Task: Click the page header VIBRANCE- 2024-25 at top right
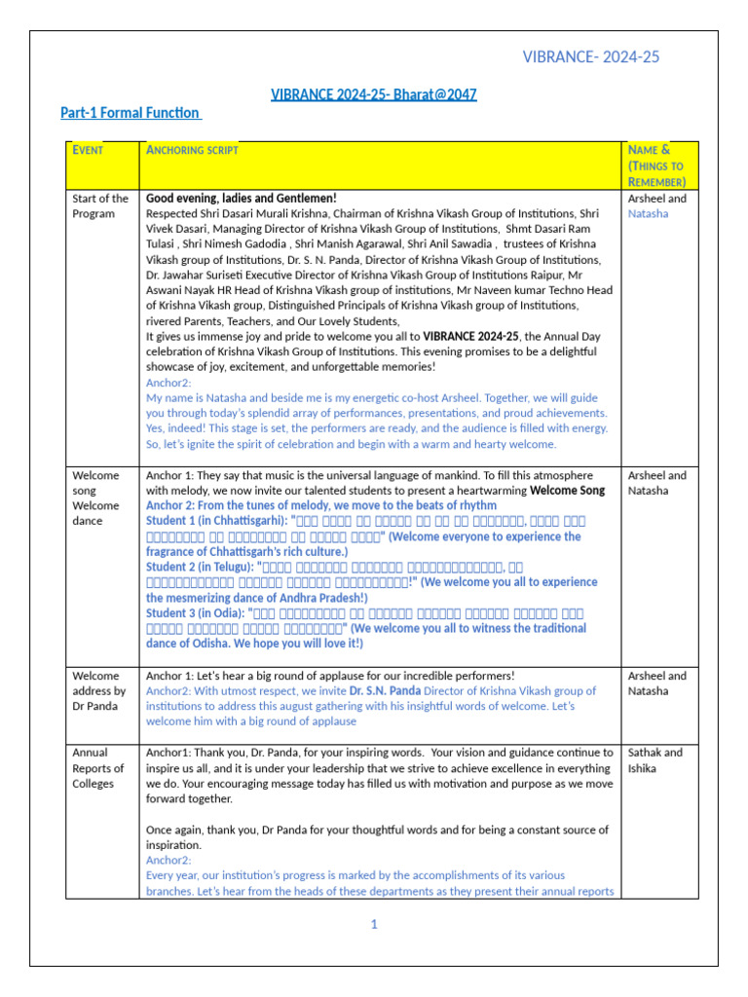click(x=591, y=57)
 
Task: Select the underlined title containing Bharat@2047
click(x=373, y=94)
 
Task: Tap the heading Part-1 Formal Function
click(x=131, y=113)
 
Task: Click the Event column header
click(x=88, y=150)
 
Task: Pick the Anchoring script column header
click(x=192, y=150)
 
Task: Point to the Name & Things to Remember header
click(x=656, y=166)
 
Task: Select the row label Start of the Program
click(x=99, y=205)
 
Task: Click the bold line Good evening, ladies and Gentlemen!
click(x=241, y=199)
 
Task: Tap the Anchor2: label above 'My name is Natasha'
click(x=168, y=383)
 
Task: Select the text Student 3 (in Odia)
click(x=196, y=612)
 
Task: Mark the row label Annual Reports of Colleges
click(x=98, y=767)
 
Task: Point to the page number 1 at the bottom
click(x=373, y=924)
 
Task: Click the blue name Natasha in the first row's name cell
click(x=648, y=213)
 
